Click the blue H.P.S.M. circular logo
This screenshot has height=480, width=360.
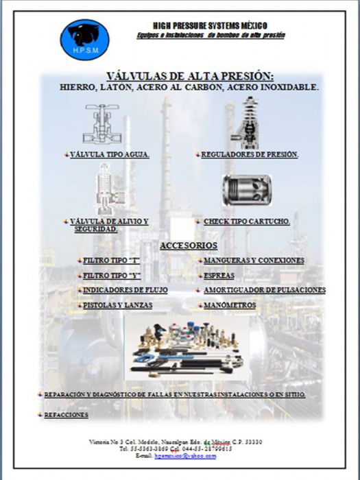point(84,39)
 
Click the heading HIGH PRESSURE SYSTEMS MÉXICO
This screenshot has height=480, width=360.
point(210,25)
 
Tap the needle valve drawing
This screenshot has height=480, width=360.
point(101,124)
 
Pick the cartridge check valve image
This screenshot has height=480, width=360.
point(247,189)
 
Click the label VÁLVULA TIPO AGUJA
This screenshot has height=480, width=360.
point(110,155)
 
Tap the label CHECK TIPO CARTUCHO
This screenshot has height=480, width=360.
point(247,222)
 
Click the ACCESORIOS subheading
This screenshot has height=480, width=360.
point(189,245)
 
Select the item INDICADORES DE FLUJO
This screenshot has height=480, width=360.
point(125,290)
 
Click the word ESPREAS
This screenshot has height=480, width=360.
point(219,276)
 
